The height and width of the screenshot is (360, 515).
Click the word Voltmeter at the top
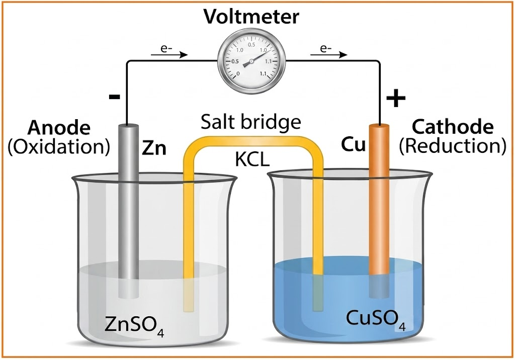[x=251, y=17]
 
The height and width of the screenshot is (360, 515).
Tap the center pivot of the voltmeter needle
[x=251, y=61]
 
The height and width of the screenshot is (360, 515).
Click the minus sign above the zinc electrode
[x=114, y=97]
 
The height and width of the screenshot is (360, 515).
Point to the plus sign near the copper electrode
[x=396, y=98]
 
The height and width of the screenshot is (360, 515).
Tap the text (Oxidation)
[x=59, y=146]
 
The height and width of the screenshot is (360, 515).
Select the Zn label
[x=154, y=148]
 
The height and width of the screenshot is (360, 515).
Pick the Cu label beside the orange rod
[x=354, y=144]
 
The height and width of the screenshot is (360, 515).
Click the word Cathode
[x=453, y=127]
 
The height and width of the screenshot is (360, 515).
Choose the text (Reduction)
[x=453, y=146]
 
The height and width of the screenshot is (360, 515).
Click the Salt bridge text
[x=251, y=122]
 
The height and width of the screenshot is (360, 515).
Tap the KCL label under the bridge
[x=252, y=160]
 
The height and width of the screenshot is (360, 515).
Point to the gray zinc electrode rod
[x=128, y=211]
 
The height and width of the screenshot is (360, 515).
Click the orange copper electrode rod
[x=379, y=211]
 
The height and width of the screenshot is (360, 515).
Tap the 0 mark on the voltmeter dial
[x=238, y=73]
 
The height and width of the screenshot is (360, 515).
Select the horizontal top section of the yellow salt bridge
[x=253, y=142]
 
